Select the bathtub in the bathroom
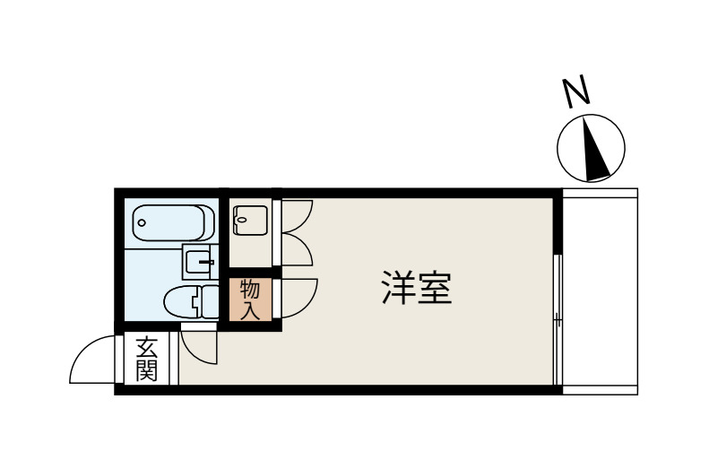click(x=173, y=221)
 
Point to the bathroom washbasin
click(x=198, y=262)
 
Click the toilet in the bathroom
click(x=190, y=301)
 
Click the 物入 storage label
click(x=250, y=299)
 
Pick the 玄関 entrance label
click(x=147, y=359)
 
